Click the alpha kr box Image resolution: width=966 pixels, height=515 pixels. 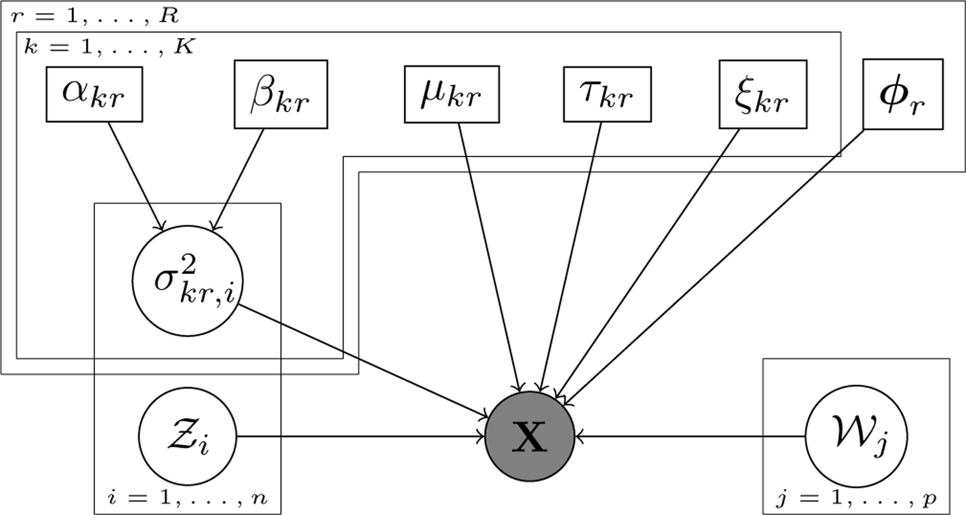pyautogui.click(x=94, y=94)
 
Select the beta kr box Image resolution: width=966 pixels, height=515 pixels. pyautogui.click(x=281, y=94)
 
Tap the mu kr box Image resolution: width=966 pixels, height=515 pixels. pyautogui.click(x=451, y=94)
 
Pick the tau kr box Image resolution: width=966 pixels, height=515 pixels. pyautogui.click(x=607, y=94)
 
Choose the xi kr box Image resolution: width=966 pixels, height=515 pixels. pyautogui.click(x=763, y=94)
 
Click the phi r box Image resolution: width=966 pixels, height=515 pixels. pyautogui.click(x=903, y=94)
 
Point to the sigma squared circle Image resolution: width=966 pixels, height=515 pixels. pyautogui.click(x=188, y=281)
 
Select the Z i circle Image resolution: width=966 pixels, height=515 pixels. pyautogui.click(x=188, y=437)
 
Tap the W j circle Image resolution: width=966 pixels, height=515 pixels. pyautogui.click(x=857, y=437)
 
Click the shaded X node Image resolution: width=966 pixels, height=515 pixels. pyautogui.click(x=530, y=437)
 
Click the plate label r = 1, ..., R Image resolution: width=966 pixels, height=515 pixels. pyautogui.click(x=94, y=16)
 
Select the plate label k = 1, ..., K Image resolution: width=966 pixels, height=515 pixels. pyautogui.click(x=109, y=47)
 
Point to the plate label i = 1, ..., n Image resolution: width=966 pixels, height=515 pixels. pyautogui.click(x=187, y=499)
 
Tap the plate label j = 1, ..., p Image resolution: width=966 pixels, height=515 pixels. pyautogui.click(x=857, y=499)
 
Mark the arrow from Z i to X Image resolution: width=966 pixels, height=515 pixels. pyautogui.click(x=360, y=437)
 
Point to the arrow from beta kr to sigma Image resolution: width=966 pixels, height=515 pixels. pyautogui.click(x=239, y=180)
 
